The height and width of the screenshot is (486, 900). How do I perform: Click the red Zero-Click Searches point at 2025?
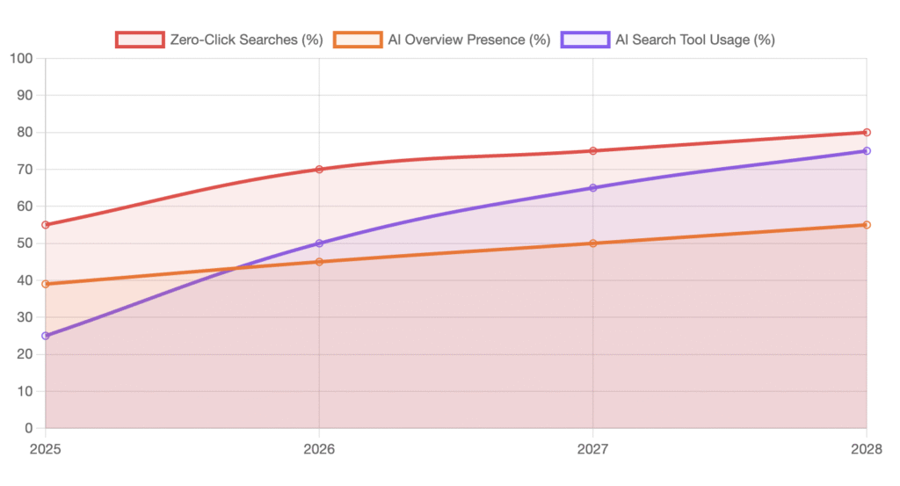(46, 225)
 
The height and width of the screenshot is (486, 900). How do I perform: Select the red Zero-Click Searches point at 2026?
(319, 170)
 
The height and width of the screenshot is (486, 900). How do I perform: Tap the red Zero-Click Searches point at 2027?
(593, 151)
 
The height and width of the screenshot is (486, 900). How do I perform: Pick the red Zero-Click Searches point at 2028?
(867, 133)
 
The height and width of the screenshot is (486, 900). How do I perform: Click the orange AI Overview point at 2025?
(46, 284)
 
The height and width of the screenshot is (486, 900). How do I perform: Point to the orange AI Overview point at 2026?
(319, 262)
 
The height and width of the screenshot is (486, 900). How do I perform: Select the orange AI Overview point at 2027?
(593, 243)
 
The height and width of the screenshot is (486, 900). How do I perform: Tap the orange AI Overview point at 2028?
(867, 225)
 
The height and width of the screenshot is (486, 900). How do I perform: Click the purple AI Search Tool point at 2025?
(46, 336)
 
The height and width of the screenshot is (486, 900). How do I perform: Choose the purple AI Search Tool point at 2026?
(319, 243)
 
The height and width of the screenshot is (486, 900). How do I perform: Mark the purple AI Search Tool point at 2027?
(593, 188)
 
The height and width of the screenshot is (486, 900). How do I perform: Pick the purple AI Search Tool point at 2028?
(867, 151)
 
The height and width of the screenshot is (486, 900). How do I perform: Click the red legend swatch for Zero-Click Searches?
(140, 40)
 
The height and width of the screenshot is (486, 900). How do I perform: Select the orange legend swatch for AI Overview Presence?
(358, 40)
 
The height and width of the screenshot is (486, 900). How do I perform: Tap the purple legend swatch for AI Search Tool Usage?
(584, 40)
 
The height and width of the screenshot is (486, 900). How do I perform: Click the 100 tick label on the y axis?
(21, 59)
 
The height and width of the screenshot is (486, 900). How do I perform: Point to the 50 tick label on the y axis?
(25, 243)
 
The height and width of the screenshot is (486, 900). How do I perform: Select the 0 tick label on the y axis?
(28, 429)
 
